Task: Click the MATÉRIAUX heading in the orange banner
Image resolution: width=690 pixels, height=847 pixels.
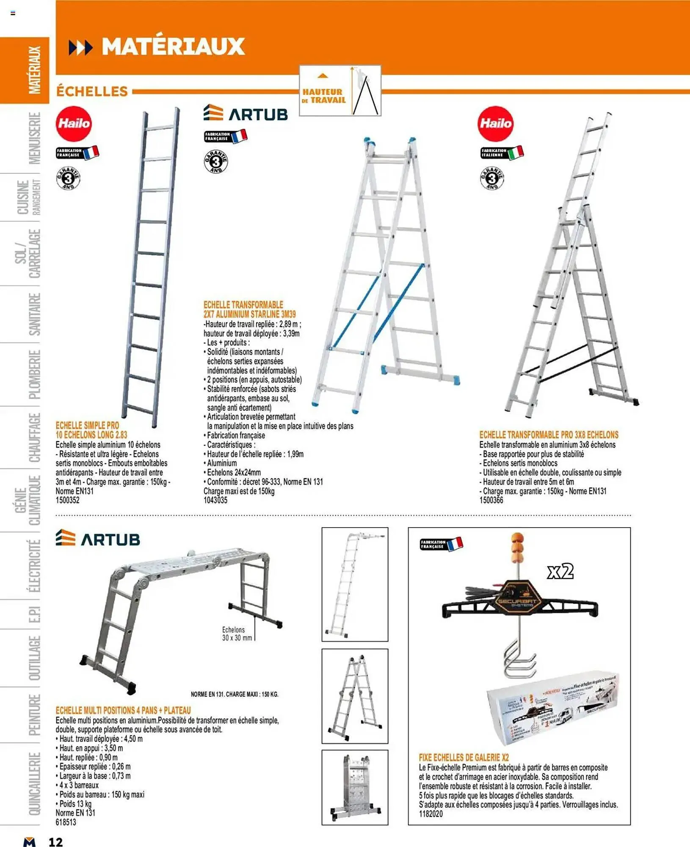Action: pyautogui.click(x=173, y=47)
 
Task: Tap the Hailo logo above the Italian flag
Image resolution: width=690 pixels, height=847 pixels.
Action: pyautogui.click(x=495, y=124)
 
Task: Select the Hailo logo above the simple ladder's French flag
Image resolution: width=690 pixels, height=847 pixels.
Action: pyautogui.click(x=74, y=124)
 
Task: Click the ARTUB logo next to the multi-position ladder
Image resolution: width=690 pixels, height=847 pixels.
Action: pyautogui.click(x=98, y=539)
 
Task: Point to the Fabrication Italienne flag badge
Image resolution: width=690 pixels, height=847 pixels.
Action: pyautogui.click(x=502, y=153)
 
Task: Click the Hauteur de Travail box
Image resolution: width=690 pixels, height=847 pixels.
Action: pyautogui.click(x=340, y=91)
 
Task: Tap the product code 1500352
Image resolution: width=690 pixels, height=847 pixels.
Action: pyautogui.click(x=68, y=500)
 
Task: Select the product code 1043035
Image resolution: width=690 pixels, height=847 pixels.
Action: pyautogui.click(x=215, y=500)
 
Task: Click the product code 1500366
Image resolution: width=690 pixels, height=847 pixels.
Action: pyautogui.click(x=491, y=500)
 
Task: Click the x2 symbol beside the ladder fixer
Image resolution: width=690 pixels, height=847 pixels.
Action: pyautogui.click(x=560, y=571)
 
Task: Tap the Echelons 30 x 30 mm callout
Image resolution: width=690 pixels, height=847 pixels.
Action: pyautogui.click(x=237, y=634)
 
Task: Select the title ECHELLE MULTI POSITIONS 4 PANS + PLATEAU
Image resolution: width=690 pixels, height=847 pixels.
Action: pyautogui.click(x=123, y=710)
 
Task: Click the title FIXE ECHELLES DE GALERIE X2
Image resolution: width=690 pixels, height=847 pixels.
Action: pyautogui.click(x=464, y=757)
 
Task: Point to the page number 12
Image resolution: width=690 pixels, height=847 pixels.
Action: pyautogui.click(x=55, y=842)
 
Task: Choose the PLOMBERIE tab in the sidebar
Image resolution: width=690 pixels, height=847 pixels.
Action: pyautogui.click(x=34, y=374)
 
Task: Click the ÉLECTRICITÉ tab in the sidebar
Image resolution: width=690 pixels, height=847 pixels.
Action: pyautogui.click(x=34, y=565)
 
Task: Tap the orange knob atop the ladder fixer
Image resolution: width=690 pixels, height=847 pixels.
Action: pyautogui.click(x=517, y=547)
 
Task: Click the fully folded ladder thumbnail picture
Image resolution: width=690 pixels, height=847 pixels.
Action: pyautogui.click(x=355, y=787)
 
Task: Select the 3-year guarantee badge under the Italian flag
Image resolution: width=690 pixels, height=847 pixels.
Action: pyautogui.click(x=491, y=178)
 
